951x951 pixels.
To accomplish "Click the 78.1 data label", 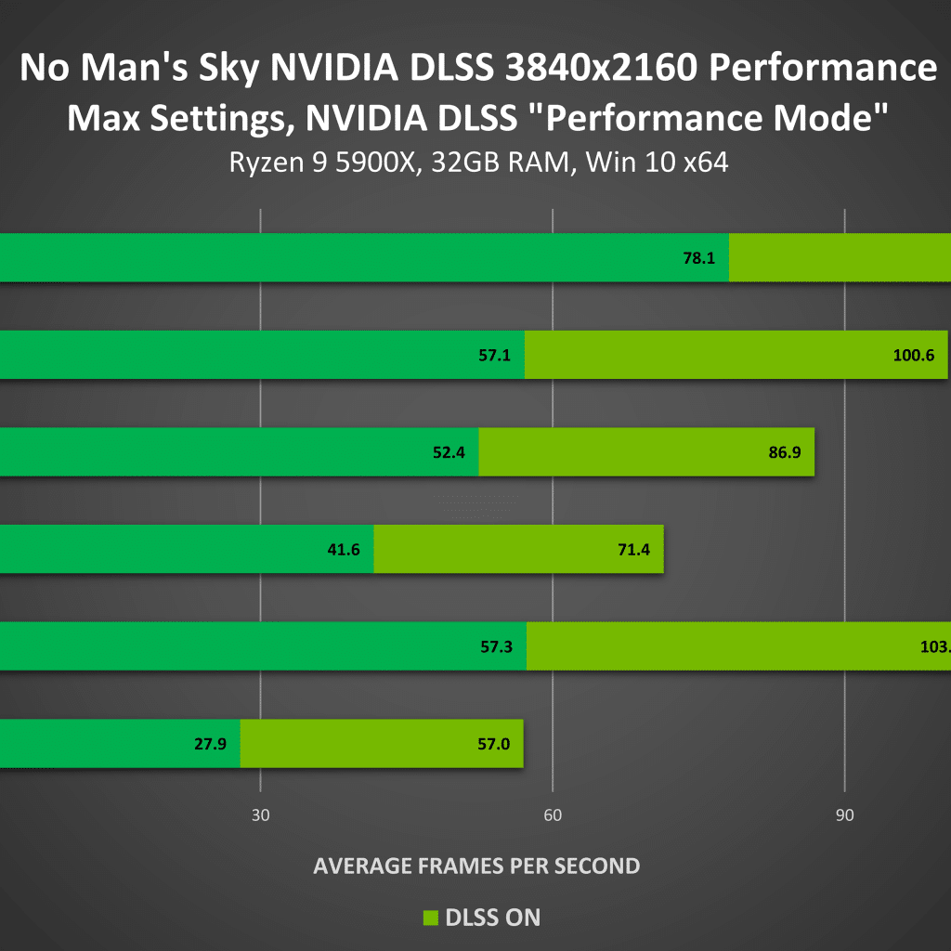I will [x=698, y=258].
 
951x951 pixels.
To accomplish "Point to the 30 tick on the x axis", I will [x=260, y=816].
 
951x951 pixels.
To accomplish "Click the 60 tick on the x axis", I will [x=553, y=816].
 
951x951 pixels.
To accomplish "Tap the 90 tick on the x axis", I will [x=844, y=816].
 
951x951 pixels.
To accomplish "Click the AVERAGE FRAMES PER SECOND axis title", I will [x=476, y=866].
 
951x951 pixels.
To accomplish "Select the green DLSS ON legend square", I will [x=430, y=918].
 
